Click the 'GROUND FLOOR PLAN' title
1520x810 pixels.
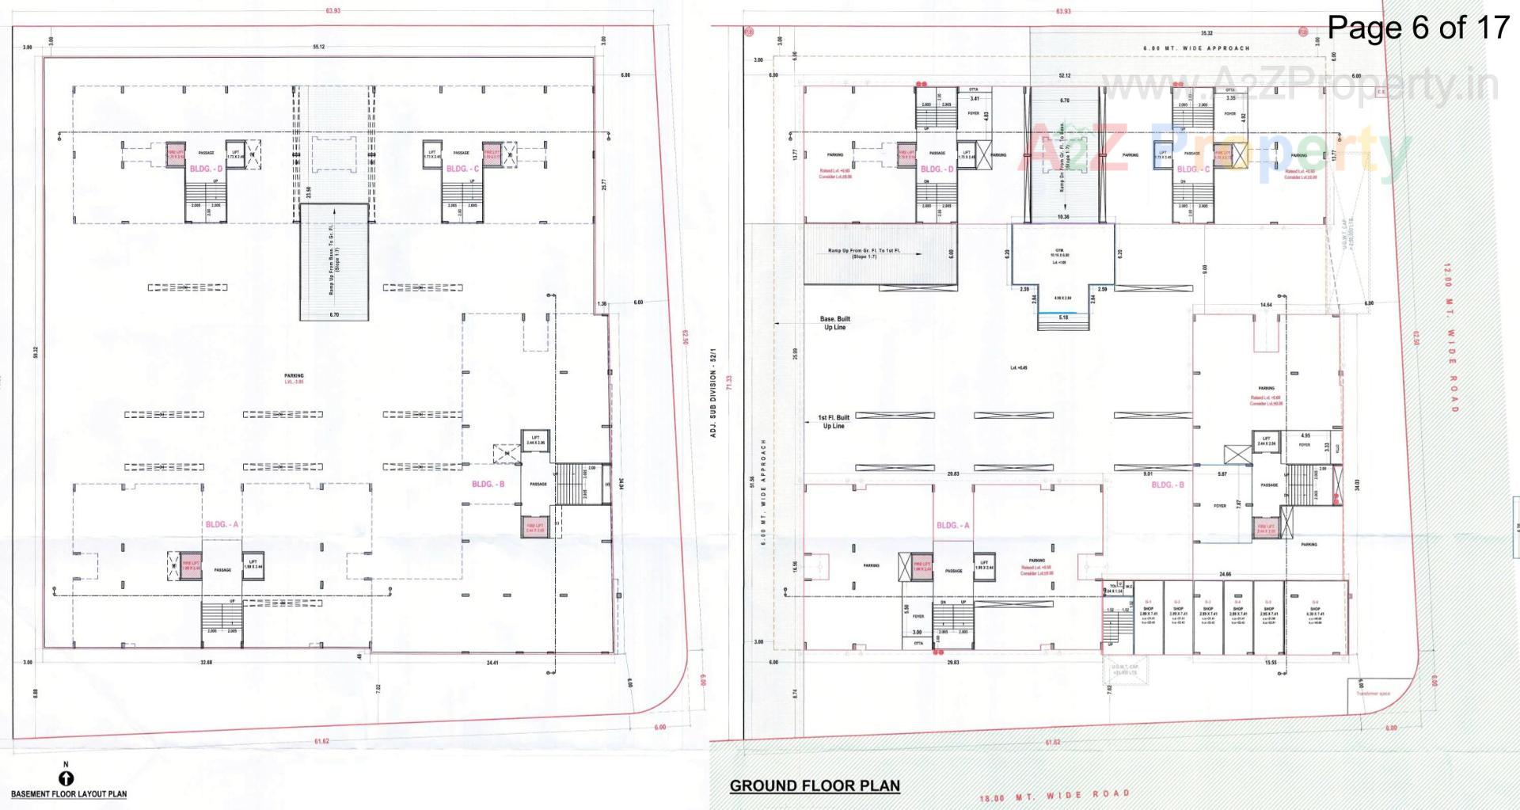815,785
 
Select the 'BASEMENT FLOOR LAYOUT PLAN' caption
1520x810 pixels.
69,793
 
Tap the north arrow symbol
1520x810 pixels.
66,778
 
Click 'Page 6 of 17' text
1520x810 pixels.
1419,28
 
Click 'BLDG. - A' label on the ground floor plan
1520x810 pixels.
952,525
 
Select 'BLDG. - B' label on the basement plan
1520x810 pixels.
488,484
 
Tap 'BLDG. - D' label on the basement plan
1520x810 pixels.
205,169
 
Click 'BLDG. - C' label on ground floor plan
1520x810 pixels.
1192,169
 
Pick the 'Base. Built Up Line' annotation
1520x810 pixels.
834,323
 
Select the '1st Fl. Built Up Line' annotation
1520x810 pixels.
834,421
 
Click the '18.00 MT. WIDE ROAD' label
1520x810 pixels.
1054,796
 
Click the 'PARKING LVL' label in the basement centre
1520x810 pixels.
294,378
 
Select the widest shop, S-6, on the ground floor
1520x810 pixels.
1315,616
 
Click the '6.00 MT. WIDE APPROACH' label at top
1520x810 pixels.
1196,48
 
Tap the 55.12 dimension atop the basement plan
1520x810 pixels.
319,47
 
